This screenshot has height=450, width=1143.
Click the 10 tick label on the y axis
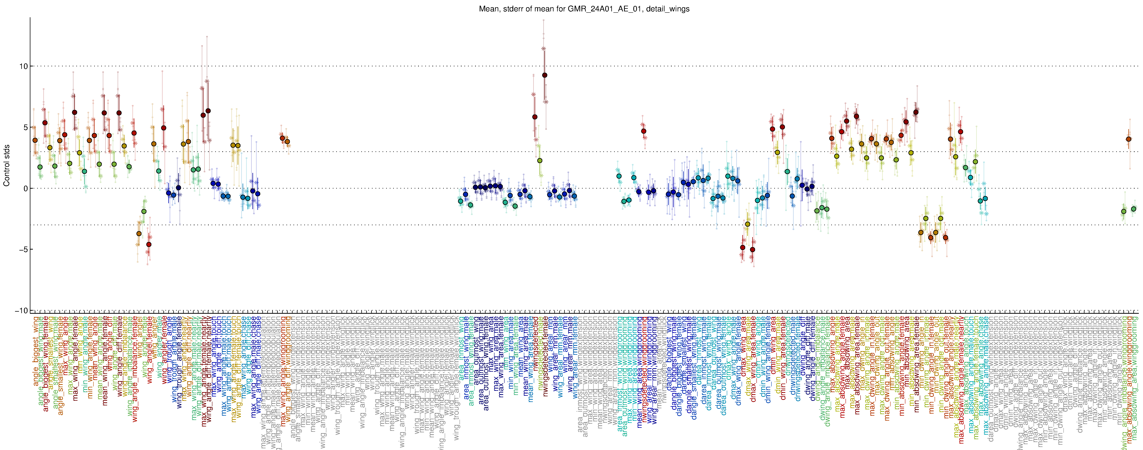click(x=23, y=66)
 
